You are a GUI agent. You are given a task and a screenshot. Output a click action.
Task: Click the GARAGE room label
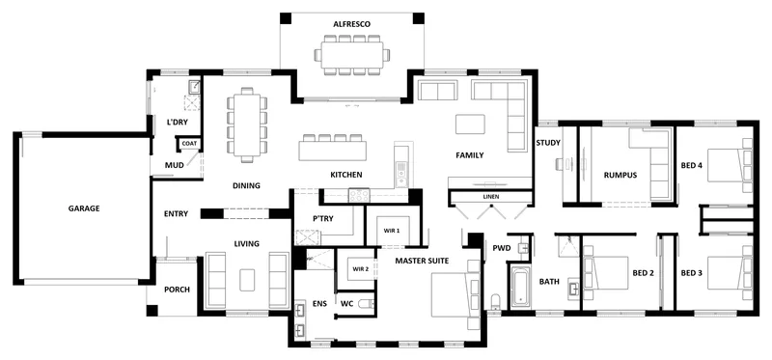tap(84, 208)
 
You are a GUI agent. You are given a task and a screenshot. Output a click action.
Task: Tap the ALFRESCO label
tap(351, 24)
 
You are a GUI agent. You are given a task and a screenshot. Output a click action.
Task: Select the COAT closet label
tap(189, 143)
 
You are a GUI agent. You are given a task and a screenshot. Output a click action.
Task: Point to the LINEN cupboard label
tap(491, 197)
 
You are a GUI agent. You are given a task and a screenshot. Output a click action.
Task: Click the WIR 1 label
tap(392, 231)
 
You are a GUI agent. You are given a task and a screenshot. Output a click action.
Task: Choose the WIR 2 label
tap(361, 269)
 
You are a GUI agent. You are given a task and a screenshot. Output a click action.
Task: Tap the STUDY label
tap(548, 143)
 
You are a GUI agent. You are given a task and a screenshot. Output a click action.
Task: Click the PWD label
tap(502, 248)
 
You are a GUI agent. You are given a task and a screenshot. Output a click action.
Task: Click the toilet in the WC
tap(367, 304)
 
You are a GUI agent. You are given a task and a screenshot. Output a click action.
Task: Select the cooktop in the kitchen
tap(359, 196)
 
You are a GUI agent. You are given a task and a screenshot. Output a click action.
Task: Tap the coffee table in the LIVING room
tap(247, 280)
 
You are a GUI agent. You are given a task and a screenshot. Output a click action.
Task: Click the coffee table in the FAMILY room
tap(470, 125)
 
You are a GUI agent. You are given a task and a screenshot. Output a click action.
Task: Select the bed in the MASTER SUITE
tap(455, 295)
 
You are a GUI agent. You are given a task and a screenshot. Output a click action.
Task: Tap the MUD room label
tap(175, 165)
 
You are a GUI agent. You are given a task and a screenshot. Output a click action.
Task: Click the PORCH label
tap(177, 290)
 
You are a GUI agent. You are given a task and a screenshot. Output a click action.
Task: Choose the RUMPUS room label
tap(620, 175)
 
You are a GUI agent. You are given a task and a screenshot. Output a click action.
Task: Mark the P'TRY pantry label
tap(323, 219)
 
